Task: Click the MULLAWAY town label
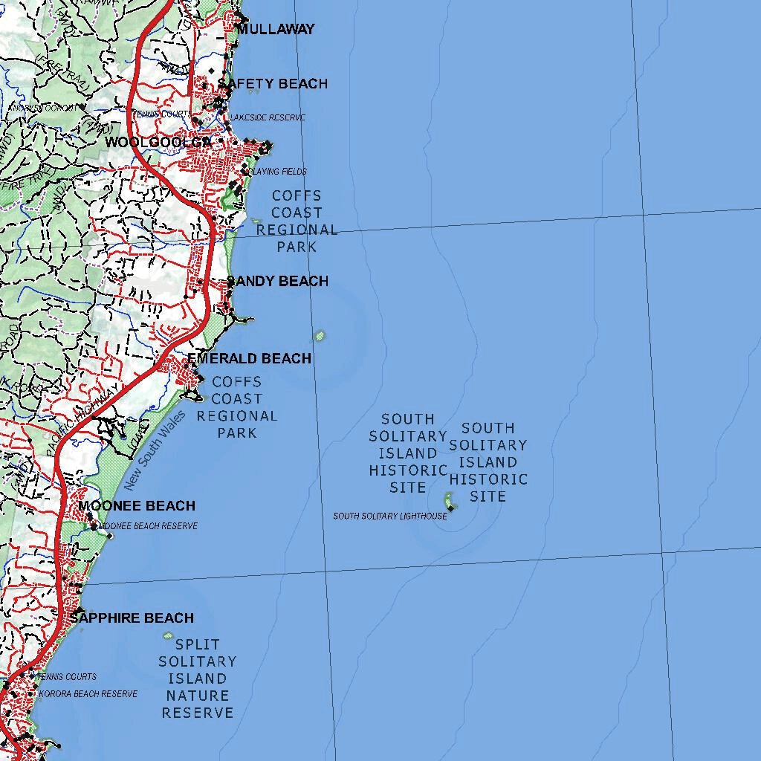tap(276, 30)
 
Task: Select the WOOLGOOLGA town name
tap(158, 142)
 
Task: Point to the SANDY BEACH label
tap(277, 281)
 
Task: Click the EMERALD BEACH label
tap(249, 359)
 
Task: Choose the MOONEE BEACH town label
tap(137, 506)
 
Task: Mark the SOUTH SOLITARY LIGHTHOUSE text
tap(390, 516)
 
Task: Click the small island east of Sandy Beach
tap(320, 335)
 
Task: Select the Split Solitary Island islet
tap(168, 636)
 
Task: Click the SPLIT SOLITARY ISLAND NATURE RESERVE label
tap(198, 679)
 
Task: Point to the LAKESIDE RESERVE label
tap(268, 118)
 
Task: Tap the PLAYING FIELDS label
tap(278, 172)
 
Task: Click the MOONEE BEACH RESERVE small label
tap(149, 526)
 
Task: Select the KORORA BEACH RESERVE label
tap(88, 694)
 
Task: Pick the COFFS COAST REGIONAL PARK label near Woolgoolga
tap(297, 221)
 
